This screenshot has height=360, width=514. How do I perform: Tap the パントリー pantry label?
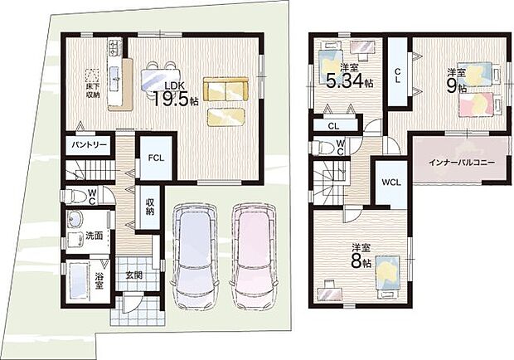[x=89, y=145]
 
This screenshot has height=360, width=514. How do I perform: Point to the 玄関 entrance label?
[x=134, y=276]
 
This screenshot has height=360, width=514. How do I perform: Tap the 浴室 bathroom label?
[x=99, y=280]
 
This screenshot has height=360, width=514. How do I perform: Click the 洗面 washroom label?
[x=95, y=236]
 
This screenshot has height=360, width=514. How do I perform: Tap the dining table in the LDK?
[x=161, y=78]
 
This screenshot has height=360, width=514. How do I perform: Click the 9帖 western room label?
[x=456, y=80]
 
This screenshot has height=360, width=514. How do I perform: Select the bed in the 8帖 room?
[x=387, y=274]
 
